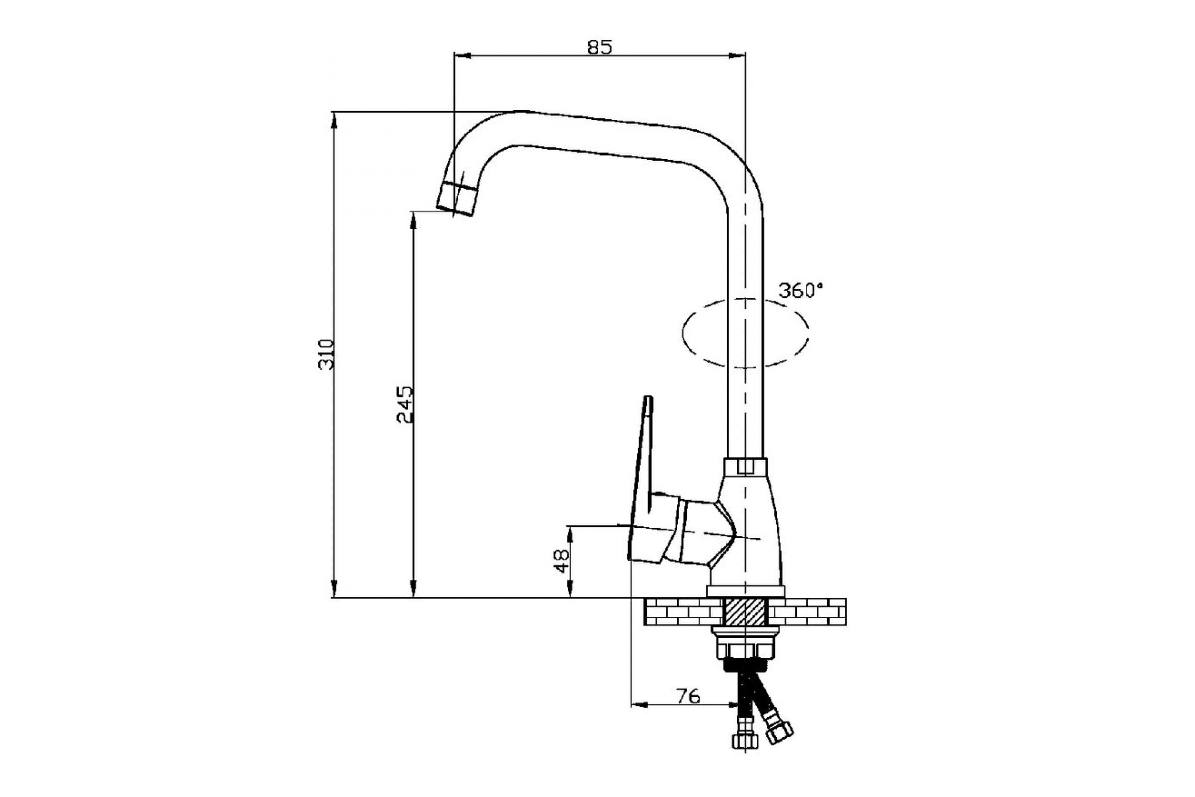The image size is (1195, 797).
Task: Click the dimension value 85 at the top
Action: point(600,47)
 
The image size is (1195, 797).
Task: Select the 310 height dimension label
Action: point(326,354)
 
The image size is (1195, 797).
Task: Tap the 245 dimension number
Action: point(405,405)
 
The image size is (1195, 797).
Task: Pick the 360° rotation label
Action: point(800,291)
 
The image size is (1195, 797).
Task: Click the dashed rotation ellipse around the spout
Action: point(682,333)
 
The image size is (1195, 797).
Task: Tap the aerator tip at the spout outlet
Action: point(457,198)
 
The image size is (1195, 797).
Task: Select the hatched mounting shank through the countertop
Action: point(745,613)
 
